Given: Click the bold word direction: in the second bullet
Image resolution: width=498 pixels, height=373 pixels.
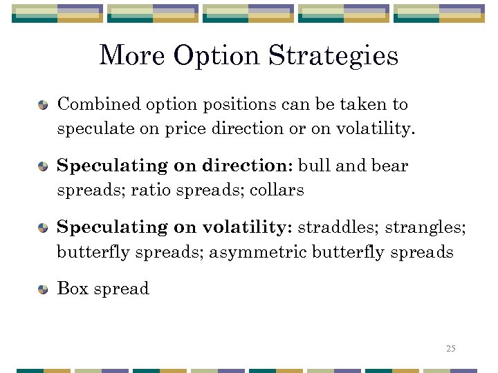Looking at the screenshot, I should point(248,166).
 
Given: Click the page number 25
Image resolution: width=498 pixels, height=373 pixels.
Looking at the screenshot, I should point(451,348).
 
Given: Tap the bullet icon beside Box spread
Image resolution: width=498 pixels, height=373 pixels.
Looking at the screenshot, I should point(43,289).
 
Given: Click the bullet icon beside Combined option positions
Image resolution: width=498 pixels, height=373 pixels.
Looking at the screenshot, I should point(43,105).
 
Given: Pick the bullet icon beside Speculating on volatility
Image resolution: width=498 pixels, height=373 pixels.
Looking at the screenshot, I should point(43,228).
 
